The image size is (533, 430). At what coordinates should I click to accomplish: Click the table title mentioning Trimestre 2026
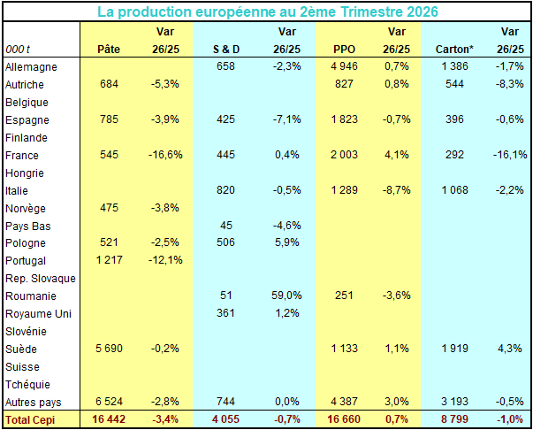pos(268,12)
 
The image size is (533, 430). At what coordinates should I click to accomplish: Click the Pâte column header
pos(109,49)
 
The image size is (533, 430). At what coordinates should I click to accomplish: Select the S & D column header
pos(226,50)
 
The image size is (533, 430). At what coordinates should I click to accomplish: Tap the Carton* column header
pos(454,50)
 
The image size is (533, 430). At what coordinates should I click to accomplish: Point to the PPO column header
pos(344,50)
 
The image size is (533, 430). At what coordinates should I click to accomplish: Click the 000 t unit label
pos(18,50)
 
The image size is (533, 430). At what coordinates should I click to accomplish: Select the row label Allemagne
pos(31,67)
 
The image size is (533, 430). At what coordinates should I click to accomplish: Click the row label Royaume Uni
pos(38,314)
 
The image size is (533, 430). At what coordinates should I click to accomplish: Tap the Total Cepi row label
pos(30,420)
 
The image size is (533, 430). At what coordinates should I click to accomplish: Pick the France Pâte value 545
pos(109,155)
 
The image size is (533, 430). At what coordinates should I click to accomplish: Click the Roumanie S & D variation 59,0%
pos(286,296)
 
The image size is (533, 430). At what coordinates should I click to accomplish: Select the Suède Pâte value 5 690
pos(109,349)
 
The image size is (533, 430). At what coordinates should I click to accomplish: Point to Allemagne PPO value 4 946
pos(344,66)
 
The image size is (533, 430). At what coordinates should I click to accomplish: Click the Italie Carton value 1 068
pos(455,190)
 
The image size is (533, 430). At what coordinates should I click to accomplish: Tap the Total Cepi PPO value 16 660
pos(344,419)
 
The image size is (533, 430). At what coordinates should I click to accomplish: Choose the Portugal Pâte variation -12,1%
pos(165,260)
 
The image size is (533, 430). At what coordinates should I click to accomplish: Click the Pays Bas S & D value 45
pos(226,226)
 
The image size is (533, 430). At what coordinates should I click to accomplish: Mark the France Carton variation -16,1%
pos(510,155)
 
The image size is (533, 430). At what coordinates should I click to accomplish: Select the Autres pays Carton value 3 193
pos(454,402)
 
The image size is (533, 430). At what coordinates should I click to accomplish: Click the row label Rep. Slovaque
pos(41,279)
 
